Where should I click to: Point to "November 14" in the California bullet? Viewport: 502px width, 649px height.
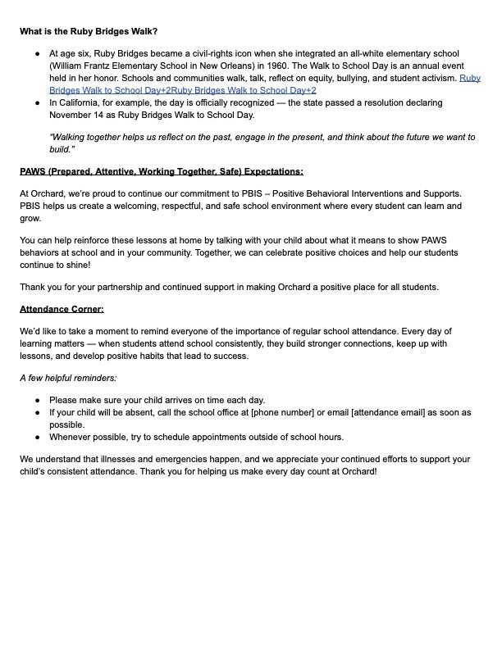pyautogui.click(x=75, y=116)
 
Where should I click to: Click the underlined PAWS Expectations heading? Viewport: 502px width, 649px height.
pyautogui.click(x=162, y=171)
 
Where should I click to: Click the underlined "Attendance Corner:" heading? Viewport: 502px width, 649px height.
pyautogui.click(x=62, y=310)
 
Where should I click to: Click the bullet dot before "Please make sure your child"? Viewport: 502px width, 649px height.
pyautogui.click(x=39, y=399)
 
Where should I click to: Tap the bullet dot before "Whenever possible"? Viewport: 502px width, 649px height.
pyautogui.click(x=39, y=437)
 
